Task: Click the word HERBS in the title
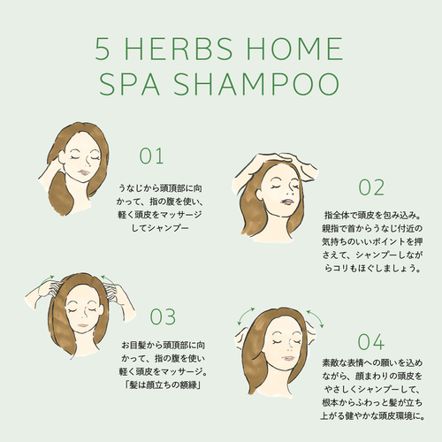179,49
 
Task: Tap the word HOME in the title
294,49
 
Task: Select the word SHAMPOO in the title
256,84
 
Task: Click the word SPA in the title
129,84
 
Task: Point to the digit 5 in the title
103,50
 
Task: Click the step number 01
151,156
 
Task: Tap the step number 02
371,187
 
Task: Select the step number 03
163,316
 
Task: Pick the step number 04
371,342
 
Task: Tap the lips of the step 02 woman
286,202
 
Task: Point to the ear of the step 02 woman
259,194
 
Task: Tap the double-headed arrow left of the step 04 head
245,316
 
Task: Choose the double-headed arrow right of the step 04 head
316,318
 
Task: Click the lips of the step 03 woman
83,325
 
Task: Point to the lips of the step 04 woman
288,358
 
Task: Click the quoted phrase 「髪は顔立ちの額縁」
163,385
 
